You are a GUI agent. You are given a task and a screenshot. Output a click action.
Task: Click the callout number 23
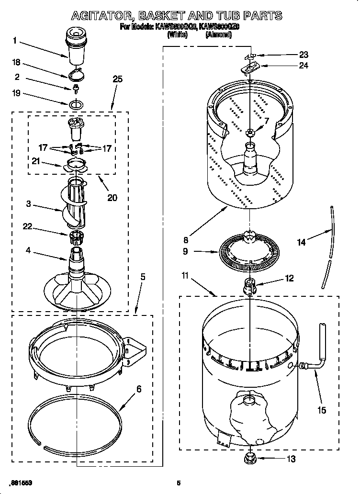coord(304,55)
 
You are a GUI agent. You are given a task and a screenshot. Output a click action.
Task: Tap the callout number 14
coord(301,242)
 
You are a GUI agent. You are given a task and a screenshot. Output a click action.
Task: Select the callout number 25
coord(117,79)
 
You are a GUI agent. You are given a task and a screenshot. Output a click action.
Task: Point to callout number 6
coord(139,389)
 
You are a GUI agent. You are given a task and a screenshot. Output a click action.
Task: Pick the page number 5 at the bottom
coord(179,483)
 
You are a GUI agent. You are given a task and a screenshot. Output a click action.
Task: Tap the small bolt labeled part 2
coord(76,88)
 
